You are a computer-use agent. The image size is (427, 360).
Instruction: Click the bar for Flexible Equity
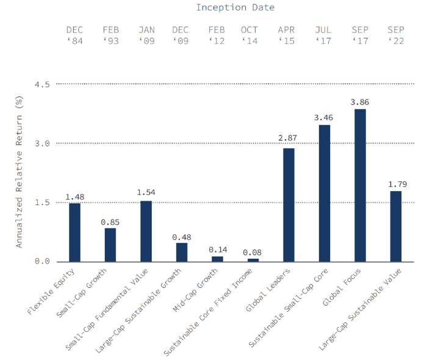click(x=74, y=232)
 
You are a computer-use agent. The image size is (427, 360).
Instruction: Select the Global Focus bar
click(x=360, y=185)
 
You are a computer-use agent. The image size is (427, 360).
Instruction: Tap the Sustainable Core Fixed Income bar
click(x=253, y=260)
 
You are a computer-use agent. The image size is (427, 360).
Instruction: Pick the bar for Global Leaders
click(x=289, y=205)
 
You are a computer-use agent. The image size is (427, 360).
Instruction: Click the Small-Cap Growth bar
click(x=110, y=245)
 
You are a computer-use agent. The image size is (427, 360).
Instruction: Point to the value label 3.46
click(x=324, y=116)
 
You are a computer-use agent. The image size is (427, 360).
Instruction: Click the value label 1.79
click(x=396, y=183)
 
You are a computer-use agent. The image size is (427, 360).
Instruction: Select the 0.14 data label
click(x=218, y=250)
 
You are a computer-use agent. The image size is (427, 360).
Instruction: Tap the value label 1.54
click(x=146, y=192)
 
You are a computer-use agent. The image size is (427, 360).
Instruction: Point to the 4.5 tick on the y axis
click(x=42, y=84)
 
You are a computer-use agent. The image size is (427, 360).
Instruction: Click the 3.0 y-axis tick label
click(x=42, y=143)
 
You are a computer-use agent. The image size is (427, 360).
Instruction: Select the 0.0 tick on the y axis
click(x=42, y=262)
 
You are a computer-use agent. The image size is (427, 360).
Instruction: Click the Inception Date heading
click(x=235, y=8)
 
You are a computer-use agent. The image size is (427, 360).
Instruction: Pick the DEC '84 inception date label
click(x=75, y=35)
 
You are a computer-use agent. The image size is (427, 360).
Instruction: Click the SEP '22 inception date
click(x=396, y=35)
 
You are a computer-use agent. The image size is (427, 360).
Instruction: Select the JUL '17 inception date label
click(x=324, y=35)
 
